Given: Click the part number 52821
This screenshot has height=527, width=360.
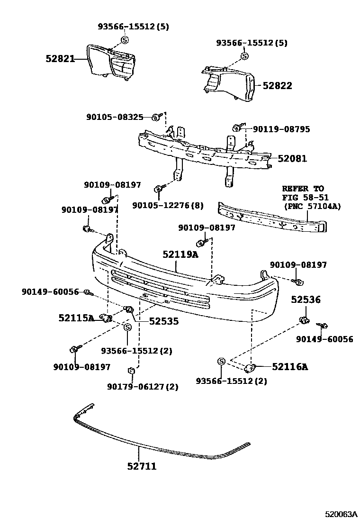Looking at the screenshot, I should [x=60, y=59].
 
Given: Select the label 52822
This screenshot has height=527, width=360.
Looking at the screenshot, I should [x=277, y=86].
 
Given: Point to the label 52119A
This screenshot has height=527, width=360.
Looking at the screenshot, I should [x=180, y=255].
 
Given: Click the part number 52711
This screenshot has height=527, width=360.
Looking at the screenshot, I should [x=142, y=466].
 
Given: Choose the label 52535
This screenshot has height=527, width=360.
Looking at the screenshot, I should [x=163, y=321].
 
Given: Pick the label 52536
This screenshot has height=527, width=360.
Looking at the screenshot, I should [x=306, y=300].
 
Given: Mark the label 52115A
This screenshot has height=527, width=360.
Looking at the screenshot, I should [x=76, y=318].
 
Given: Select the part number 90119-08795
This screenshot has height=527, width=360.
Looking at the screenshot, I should [x=281, y=128].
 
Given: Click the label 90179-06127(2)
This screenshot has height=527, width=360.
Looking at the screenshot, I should [x=143, y=387].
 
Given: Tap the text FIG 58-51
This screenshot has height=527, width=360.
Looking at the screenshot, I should [x=306, y=197].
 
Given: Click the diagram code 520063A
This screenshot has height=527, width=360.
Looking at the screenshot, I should [x=341, y=514].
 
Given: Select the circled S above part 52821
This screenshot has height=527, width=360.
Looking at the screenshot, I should [x=125, y=39].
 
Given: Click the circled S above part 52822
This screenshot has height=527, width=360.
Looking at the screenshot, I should [x=244, y=56].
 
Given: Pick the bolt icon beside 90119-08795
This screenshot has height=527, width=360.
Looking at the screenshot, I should [x=237, y=127].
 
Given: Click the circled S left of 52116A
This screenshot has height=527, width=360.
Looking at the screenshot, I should [x=221, y=362].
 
